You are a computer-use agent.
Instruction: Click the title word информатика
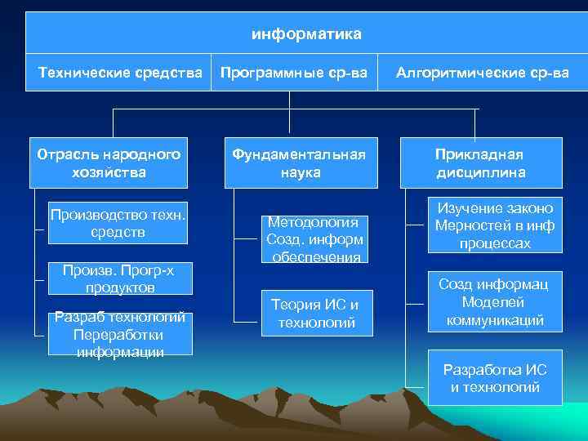305,35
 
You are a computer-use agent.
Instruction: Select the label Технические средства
121,73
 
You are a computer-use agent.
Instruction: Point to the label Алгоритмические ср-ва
482,73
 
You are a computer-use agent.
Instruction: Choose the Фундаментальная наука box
300,163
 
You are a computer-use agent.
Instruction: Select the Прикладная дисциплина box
479,163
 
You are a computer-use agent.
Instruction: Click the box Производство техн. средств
118,223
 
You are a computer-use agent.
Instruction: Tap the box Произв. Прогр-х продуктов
120,279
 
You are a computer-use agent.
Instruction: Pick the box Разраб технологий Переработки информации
120,334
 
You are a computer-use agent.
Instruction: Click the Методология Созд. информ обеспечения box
313,239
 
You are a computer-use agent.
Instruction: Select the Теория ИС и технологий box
313,314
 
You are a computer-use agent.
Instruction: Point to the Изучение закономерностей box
495,225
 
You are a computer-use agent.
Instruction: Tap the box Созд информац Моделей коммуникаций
495,302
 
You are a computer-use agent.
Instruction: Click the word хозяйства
109,171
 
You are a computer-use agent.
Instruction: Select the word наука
300,172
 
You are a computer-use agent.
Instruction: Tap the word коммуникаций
495,320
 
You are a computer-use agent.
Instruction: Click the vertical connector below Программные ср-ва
289,112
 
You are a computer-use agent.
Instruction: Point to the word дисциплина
480,172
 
